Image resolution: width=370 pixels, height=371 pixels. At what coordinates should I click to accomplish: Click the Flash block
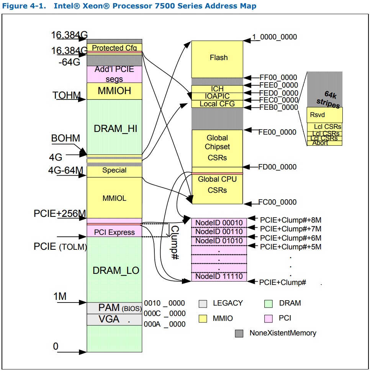pos(217,58)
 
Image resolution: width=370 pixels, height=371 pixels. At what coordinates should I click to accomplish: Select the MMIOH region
pos(114,91)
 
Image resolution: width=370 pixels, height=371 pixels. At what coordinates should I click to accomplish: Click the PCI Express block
pos(114,232)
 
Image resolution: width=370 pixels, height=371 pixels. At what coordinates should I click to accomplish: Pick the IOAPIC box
pos(217,96)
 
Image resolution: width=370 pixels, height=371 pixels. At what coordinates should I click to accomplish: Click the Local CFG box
pos(217,104)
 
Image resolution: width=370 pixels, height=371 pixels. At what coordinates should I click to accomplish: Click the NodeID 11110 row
pos(219,277)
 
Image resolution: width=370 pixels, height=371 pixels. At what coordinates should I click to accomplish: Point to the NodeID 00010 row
pos(219,223)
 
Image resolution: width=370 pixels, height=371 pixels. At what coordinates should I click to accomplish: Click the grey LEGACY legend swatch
pos(203,304)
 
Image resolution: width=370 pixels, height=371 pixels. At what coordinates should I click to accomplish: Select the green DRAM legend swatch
pos(268,304)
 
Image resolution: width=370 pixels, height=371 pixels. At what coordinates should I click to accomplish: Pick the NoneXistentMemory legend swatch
pos(239,334)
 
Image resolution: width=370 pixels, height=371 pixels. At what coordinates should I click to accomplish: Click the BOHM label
pos(65,138)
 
